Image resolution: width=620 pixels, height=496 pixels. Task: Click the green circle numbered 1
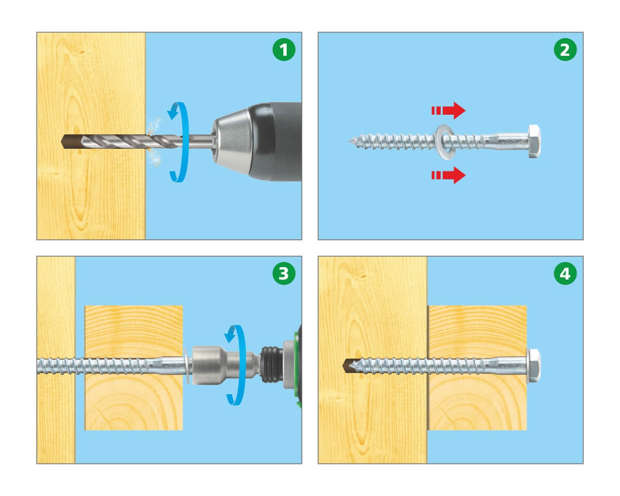pos(284,50)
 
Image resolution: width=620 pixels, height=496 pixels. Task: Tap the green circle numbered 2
pos(565,50)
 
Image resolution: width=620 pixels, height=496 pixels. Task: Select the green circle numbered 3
pos(284,273)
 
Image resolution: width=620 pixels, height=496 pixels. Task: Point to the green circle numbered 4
pos(565,273)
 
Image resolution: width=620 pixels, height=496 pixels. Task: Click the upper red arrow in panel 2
pos(448,111)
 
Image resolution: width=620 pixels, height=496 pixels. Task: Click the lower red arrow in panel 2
pos(448,175)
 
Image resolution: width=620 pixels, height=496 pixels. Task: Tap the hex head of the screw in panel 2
pos(534,141)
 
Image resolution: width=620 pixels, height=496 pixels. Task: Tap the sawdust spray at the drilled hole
pos(153,141)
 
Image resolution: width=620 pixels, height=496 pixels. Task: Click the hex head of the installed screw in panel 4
pos(534,365)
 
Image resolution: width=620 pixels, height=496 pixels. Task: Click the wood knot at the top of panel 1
pos(79,52)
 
